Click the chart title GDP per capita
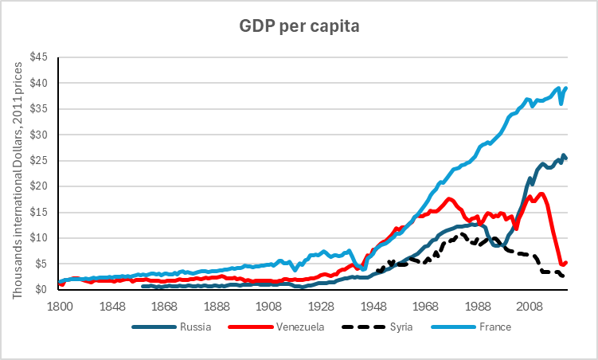[x=299, y=26]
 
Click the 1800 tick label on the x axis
[x=61, y=305]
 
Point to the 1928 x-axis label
[x=321, y=305]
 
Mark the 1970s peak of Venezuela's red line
[x=450, y=199]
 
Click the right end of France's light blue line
[x=565, y=88]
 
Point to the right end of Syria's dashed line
[x=565, y=276]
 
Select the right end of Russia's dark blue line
[x=565, y=158]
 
